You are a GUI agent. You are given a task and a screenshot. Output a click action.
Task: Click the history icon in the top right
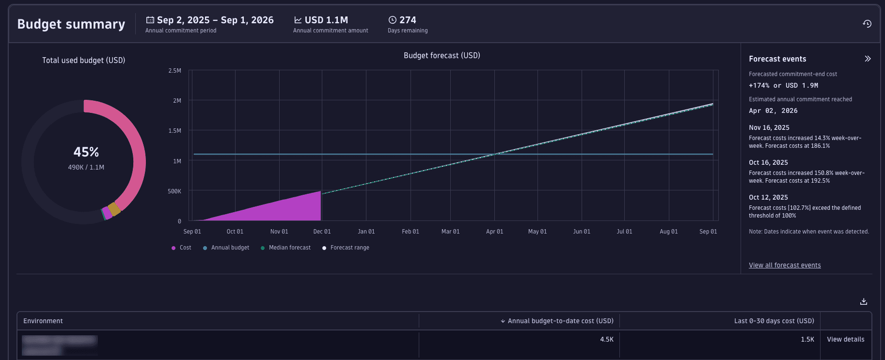pos(867,24)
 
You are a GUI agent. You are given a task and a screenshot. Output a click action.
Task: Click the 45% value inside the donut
pos(86,152)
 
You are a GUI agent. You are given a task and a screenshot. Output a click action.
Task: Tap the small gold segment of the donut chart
pos(114,209)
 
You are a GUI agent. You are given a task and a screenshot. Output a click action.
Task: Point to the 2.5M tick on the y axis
pos(174,71)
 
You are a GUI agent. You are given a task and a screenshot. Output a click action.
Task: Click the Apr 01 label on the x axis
pos(494,232)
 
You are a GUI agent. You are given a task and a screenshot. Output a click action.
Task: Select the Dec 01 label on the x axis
pos(322,232)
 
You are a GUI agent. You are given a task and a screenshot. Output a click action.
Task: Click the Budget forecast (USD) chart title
pos(442,56)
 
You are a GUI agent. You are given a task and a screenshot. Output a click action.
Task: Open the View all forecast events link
pos(785,265)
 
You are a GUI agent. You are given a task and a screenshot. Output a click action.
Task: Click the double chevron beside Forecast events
pos(868,59)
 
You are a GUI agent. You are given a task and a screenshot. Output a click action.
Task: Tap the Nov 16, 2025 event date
pos(769,127)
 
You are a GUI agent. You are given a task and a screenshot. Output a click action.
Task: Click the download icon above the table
pos(863,301)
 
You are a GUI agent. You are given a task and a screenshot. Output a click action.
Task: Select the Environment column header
pos(43,321)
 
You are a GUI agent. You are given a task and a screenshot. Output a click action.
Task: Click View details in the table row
pos(845,339)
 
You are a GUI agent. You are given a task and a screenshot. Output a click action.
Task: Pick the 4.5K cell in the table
pos(606,339)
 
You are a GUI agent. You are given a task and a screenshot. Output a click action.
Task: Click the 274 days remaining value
pos(407,20)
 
